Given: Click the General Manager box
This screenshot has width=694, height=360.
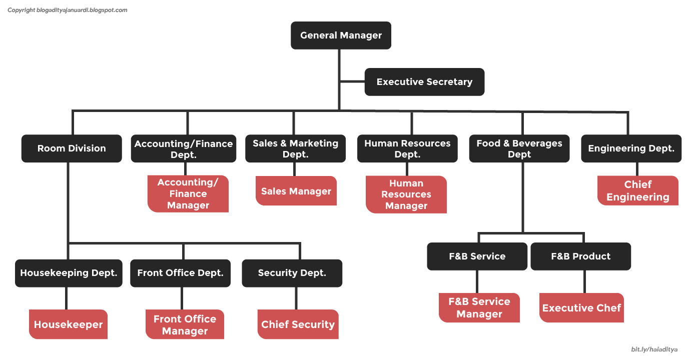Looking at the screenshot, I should click(x=341, y=35).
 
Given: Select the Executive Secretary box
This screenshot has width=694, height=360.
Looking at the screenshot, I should click(x=424, y=82).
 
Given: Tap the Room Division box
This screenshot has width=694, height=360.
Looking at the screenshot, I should click(x=72, y=148).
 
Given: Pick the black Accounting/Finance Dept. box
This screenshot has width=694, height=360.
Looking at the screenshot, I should click(x=184, y=149).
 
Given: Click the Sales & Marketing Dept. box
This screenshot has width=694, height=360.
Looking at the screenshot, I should click(x=295, y=149).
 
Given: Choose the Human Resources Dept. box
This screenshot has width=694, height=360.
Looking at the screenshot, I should click(x=407, y=149).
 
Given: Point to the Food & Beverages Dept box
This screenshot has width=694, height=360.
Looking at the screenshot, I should click(x=519, y=149).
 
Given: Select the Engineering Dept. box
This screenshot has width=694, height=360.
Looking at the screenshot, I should click(x=631, y=148).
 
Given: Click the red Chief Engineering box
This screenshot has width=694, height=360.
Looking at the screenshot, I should click(x=638, y=190).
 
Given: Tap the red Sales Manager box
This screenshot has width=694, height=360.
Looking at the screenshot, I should click(x=296, y=191).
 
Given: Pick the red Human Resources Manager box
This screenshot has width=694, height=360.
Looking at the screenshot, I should click(x=406, y=194).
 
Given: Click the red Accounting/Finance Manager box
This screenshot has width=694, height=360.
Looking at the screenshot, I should click(x=188, y=194).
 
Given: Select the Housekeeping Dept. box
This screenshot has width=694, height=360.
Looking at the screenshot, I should click(x=69, y=273).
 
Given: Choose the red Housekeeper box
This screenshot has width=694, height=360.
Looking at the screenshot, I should click(x=68, y=324).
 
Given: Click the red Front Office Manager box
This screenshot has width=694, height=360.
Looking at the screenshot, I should click(x=185, y=324).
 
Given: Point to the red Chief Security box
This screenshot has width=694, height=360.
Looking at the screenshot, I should click(x=298, y=324).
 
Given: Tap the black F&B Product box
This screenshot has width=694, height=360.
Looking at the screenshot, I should click(x=580, y=256).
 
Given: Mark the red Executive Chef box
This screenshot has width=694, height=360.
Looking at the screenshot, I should click(x=581, y=308).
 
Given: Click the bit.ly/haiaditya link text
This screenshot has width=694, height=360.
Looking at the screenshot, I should click(x=654, y=349).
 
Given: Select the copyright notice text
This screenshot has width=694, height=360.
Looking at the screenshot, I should click(x=68, y=10).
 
